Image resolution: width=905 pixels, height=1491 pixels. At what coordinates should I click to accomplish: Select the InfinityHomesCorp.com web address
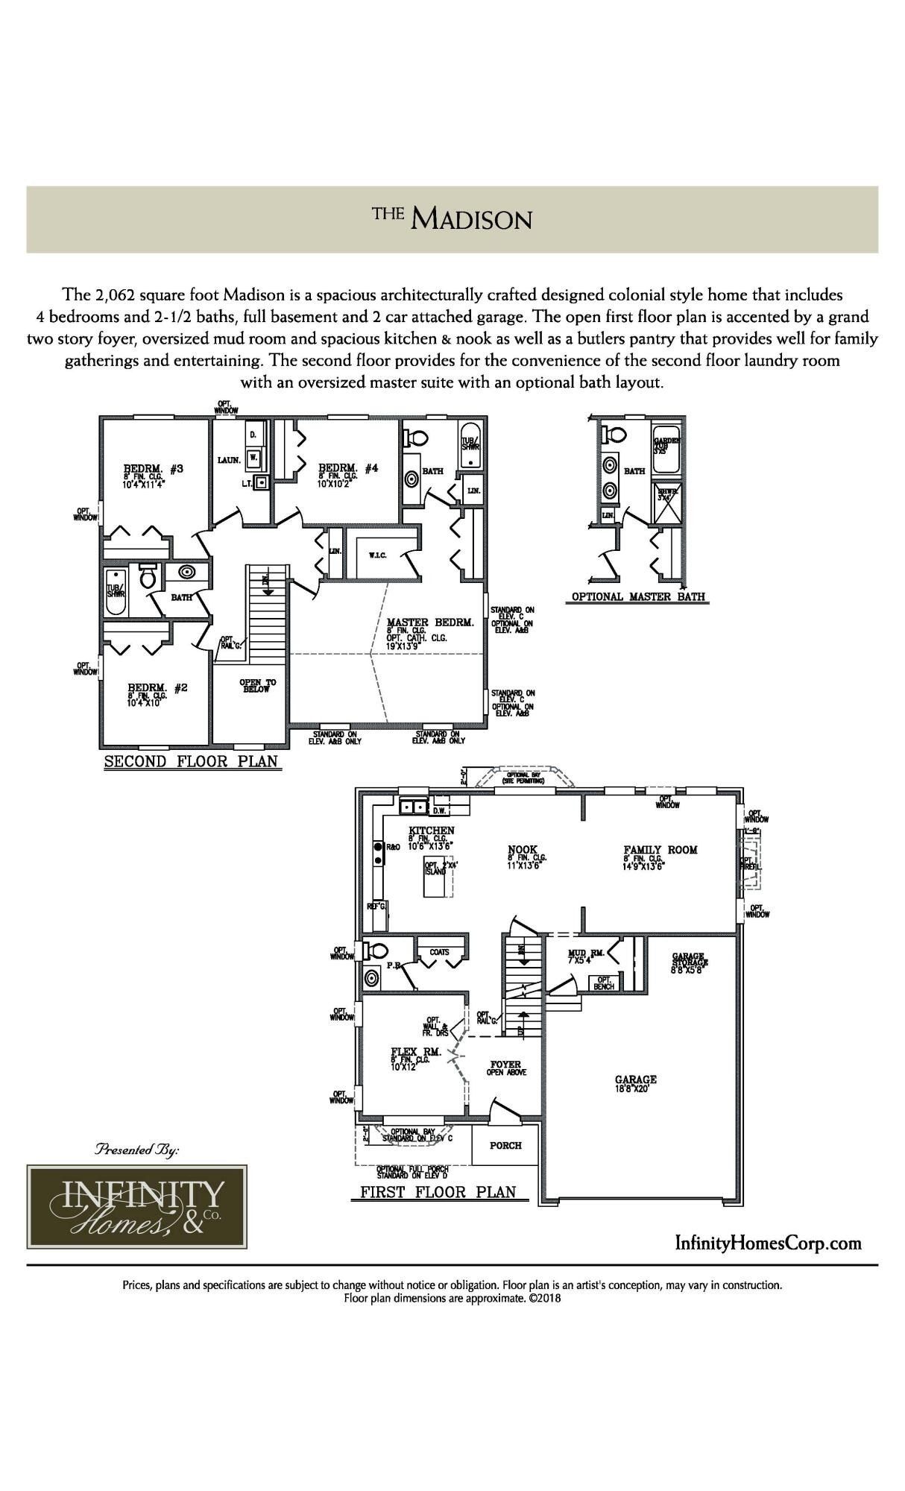[768, 1243]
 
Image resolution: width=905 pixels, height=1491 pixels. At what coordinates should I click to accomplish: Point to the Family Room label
[660, 849]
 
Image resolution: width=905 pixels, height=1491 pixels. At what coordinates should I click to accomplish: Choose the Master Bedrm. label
[430, 622]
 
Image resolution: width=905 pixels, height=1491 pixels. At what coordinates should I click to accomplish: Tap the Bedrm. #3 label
[154, 469]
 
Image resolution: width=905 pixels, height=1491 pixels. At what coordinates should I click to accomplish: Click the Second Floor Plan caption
[191, 761]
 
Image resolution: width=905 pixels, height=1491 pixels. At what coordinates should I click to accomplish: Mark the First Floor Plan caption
[438, 1191]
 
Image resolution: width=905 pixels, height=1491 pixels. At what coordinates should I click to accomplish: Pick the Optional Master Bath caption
[638, 596]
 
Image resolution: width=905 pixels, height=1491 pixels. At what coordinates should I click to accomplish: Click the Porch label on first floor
[505, 1145]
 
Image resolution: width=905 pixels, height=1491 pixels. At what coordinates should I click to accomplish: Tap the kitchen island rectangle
[437, 875]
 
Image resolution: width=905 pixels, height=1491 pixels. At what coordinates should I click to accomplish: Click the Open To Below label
[257, 686]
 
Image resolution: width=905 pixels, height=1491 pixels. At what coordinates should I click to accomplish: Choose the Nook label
[523, 849]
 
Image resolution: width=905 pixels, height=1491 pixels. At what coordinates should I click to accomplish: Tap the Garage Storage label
[690, 959]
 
